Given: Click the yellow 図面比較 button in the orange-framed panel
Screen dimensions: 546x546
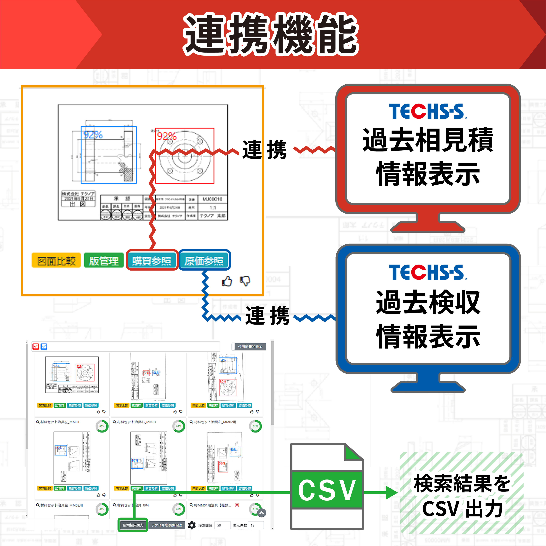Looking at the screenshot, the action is point(56,260).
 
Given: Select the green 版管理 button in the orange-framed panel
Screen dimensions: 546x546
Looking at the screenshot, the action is point(104,260).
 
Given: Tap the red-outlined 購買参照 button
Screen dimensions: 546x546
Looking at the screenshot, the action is point(152,260).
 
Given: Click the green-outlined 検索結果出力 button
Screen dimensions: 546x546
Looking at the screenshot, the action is point(133,525).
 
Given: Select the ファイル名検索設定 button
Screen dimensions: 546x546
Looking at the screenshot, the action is point(167,525).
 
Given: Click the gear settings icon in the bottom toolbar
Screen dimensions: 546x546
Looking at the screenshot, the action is point(192,525).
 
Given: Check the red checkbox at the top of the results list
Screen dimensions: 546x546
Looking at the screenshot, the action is point(36,346).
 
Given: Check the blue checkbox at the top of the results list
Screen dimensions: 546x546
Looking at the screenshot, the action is point(44,346).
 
